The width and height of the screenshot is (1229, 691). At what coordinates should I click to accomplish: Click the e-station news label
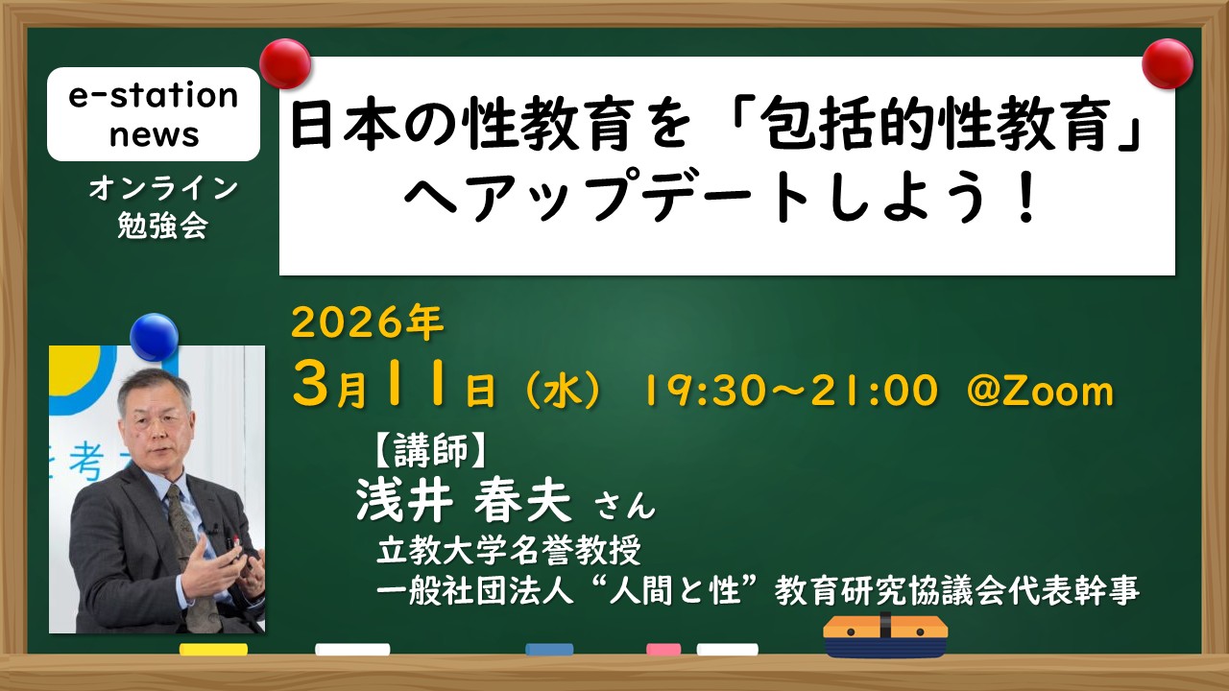pyautogui.click(x=154, y=114)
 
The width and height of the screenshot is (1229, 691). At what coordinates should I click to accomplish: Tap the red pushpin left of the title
pyautogui.click(x=285, y=63)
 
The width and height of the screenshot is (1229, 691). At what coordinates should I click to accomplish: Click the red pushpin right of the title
pyautogui.click(x=1167, y=63)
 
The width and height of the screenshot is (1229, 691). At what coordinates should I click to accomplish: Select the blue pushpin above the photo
pyautogui.click(x=155, y=337)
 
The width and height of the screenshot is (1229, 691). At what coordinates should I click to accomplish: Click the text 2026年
pyautogui.click(x=367, y=322)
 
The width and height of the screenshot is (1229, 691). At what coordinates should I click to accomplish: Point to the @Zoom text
pyautogui.click(x=1040, y=391)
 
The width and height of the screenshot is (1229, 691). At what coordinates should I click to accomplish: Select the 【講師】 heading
pyautogui.click(x=430, y=450)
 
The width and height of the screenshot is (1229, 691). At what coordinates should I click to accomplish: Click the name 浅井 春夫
pyautogui.click(x=464, y=501)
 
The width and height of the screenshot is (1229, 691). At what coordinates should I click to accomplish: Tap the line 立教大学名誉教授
pyautogui.click(x=509, y=550)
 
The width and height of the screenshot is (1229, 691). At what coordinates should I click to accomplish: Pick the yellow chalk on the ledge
pyautogui.click(x=213, y=650)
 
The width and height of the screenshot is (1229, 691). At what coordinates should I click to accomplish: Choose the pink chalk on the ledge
pyautogui.click(x=663, y=650)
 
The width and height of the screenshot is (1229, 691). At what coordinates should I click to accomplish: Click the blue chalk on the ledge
pyautogui.click(x=549, y=650)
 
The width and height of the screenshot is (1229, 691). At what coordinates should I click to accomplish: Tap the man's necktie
pyautogui.click(x=189, y=548)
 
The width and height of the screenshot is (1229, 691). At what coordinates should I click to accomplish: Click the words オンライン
pyautogui.click(x=163, y=189)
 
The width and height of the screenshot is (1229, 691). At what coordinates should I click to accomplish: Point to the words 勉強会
pyautogui.click(x=163, y=225)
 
